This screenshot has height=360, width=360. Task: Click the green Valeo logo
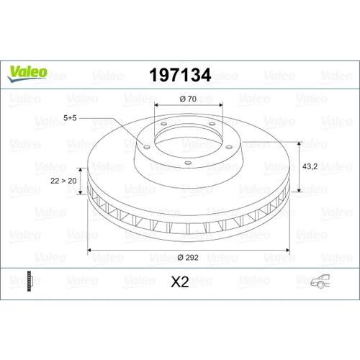coord(27,74)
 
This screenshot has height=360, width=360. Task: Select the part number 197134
coord(180,75)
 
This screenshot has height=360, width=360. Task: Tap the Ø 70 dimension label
coord(188,99)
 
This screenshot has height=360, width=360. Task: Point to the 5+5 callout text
coord(70,118)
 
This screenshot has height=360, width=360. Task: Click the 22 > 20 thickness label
coord(63,181)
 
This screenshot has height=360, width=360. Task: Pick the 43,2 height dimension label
coord(310,166)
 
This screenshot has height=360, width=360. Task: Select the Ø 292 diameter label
coord(188,258)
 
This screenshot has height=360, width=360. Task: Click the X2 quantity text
coord(180,282)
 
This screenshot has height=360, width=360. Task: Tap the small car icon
coord(320,282)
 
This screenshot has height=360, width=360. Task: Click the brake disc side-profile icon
coord(29,282)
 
